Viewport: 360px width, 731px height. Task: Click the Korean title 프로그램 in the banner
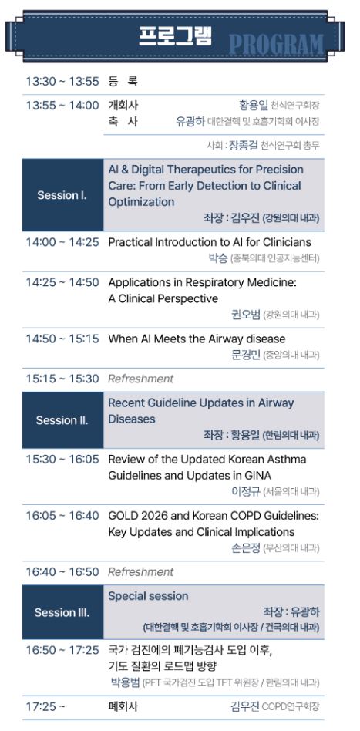click(175, 36)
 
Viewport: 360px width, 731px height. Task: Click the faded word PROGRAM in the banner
click(276, 45)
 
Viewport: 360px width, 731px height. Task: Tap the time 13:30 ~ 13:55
click(62, 81)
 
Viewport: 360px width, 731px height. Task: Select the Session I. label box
click(62, 195)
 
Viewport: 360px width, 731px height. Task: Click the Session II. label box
click(62, 420)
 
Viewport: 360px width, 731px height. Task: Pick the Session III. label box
click(62, 612)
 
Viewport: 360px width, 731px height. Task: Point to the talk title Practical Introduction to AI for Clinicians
click(210, 242)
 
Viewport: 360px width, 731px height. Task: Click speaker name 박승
click(217, 258)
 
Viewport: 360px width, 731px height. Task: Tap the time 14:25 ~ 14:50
click(62, 282)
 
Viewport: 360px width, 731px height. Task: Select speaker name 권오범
click(245, 314)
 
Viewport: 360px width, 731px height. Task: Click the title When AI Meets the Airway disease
click(197, 339)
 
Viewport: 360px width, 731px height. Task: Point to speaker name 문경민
click(245, 355)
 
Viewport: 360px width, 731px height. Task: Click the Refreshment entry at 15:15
click(140, 379)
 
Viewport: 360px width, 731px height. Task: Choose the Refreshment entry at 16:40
click(140, 571)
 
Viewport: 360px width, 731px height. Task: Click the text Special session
click(148, 596)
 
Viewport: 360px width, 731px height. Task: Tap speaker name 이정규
click(245, 491)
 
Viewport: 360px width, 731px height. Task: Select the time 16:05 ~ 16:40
click(62, 516)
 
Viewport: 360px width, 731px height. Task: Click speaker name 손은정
click(245, 547)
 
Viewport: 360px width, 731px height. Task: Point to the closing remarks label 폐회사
click(123, 706)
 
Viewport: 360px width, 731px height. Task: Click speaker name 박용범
click(125, 682)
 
